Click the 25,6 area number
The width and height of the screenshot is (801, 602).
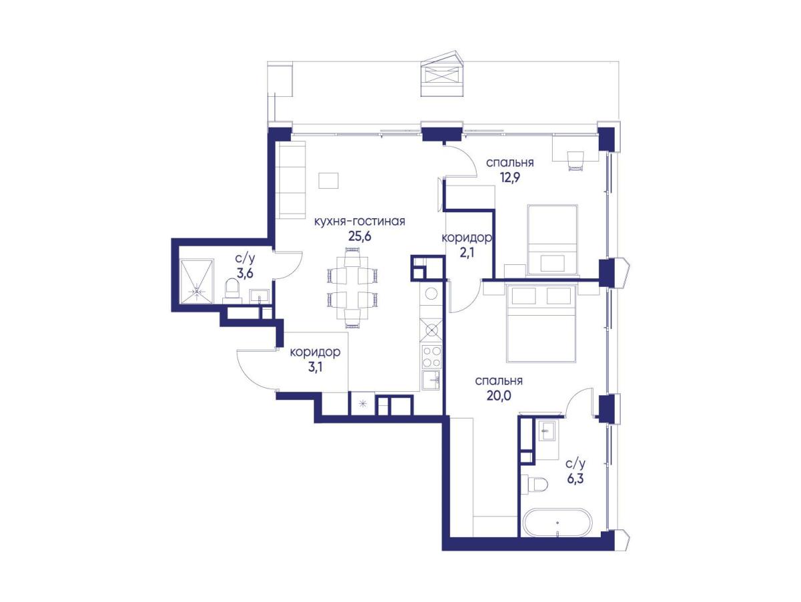point(359,236)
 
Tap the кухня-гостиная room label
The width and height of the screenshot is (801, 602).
point(359,221)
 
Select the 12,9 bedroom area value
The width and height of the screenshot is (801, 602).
point(509,178)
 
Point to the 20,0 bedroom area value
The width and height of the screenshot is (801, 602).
point(499,396)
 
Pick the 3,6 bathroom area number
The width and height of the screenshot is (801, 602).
point(244,272)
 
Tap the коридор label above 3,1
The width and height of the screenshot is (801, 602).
point(315,352)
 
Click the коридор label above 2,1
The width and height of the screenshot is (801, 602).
point(467,238)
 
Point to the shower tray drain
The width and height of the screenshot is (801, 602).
point(197,291)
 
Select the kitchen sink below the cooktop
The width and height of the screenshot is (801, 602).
point(431,380)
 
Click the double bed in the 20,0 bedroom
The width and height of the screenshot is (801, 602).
point(541,324)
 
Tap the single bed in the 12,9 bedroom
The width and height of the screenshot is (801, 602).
point(552,240)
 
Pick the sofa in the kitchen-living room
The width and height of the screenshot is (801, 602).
point(290,181)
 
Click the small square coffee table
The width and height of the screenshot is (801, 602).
point(328,181)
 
